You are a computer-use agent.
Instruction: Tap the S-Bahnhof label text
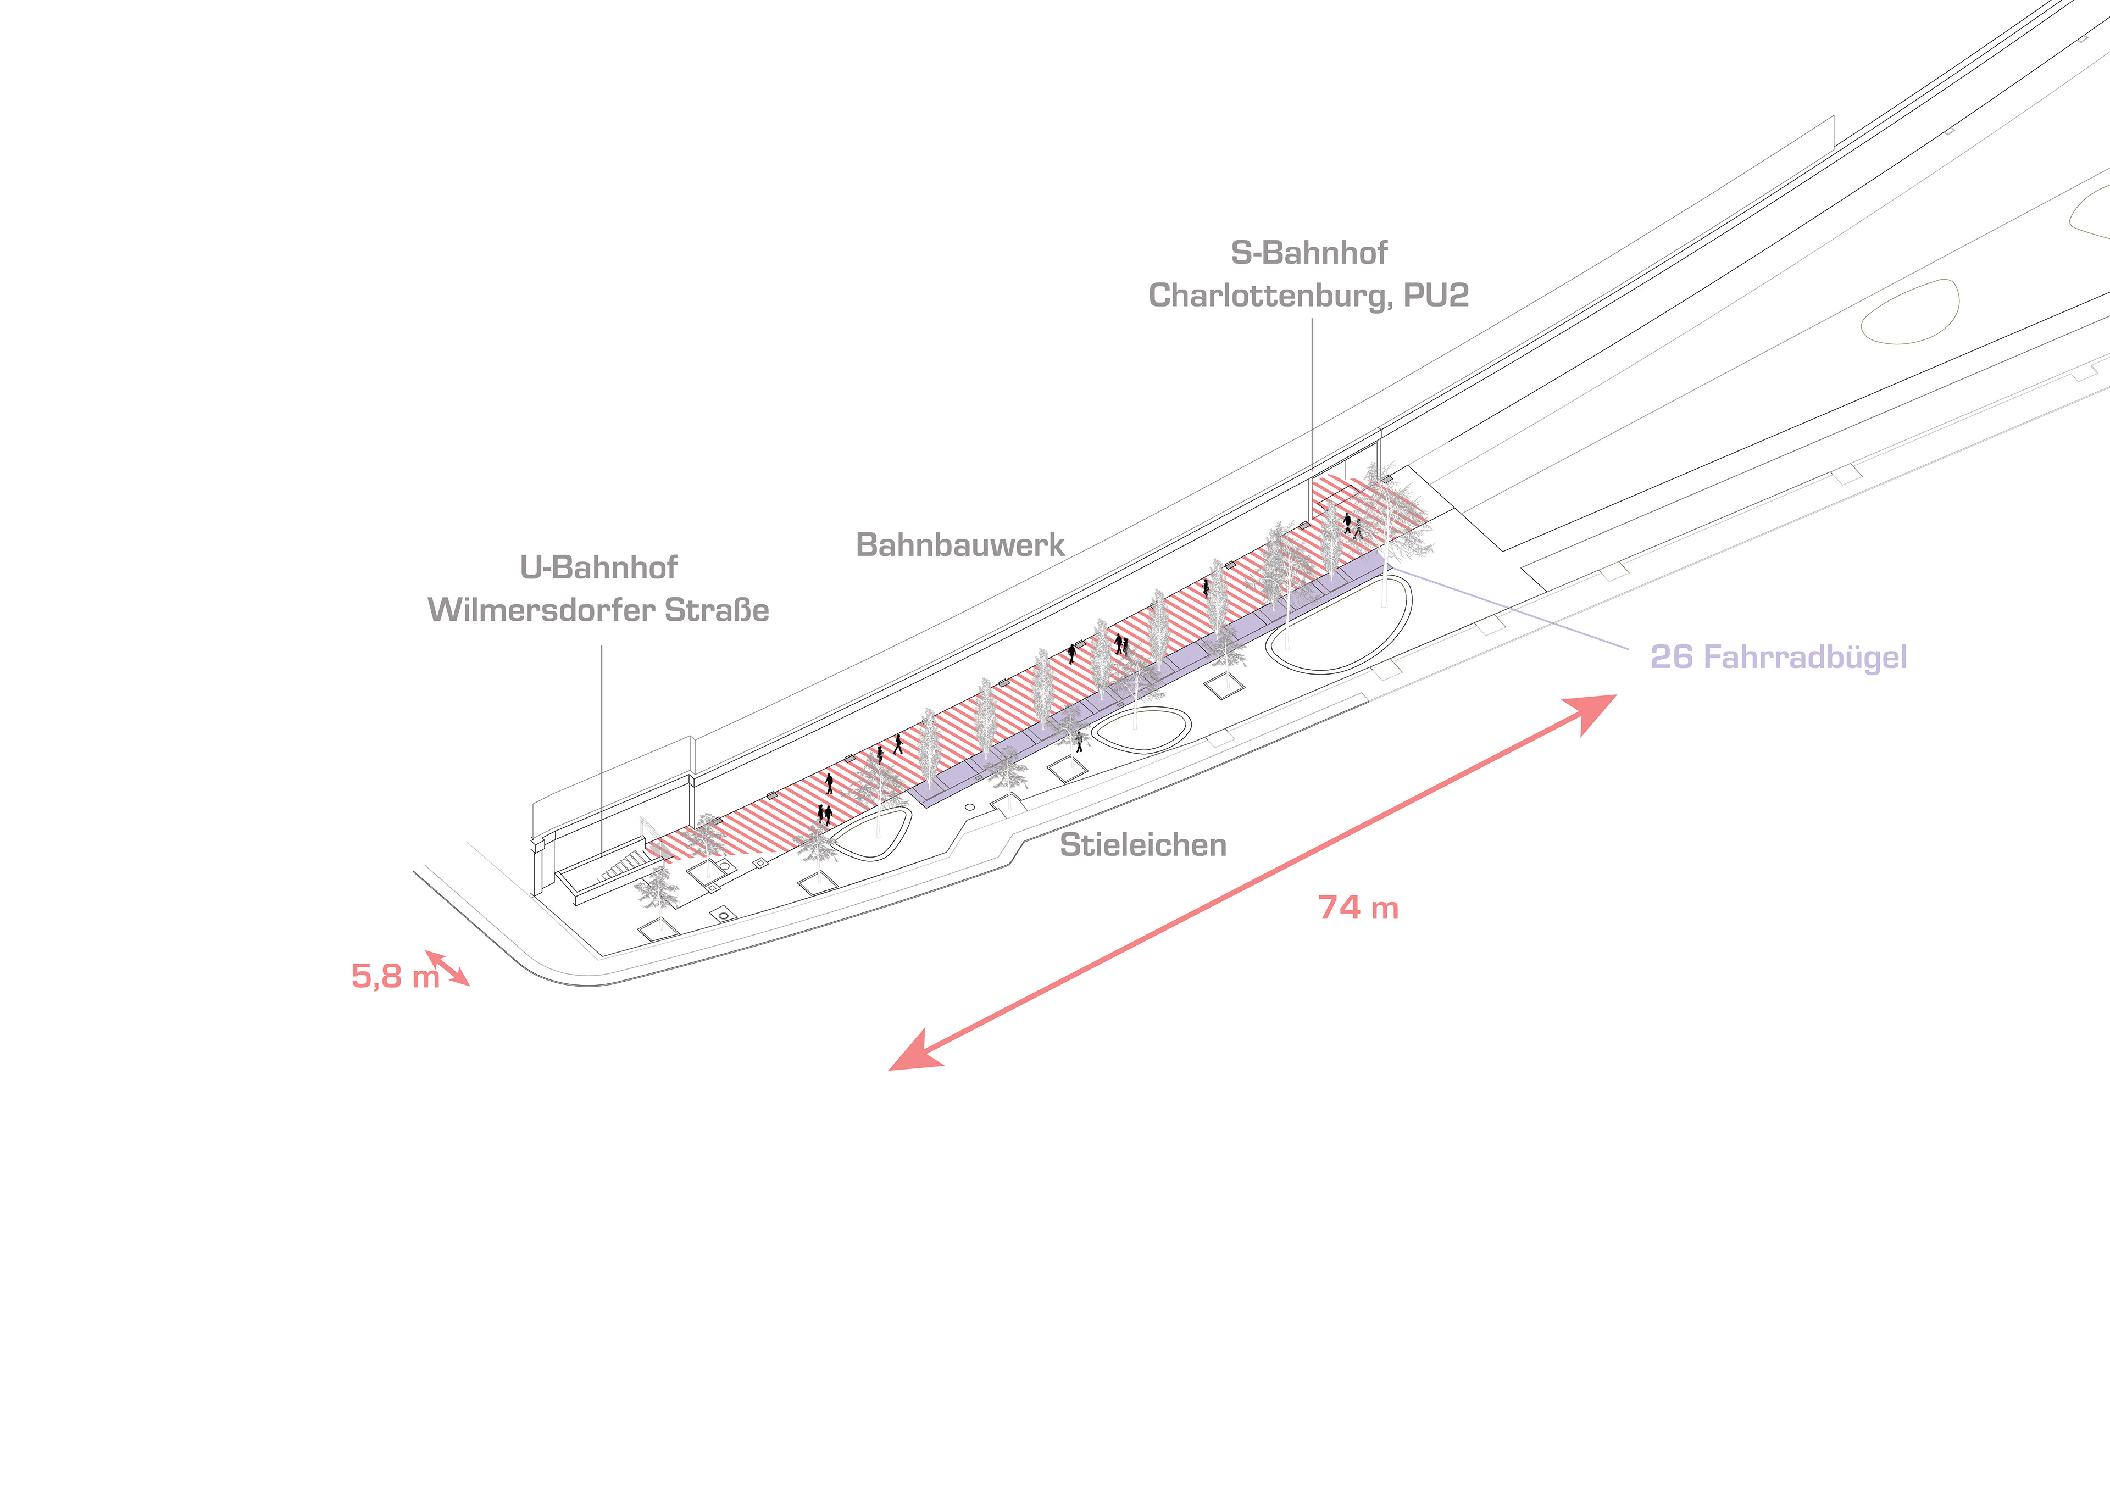click(x=1309, y=253)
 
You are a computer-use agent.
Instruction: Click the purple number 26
click(x=1671, y=657)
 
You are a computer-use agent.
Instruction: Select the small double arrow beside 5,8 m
click(x=447, y=968)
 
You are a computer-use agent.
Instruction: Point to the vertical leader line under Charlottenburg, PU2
click(x=1312, y=395)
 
